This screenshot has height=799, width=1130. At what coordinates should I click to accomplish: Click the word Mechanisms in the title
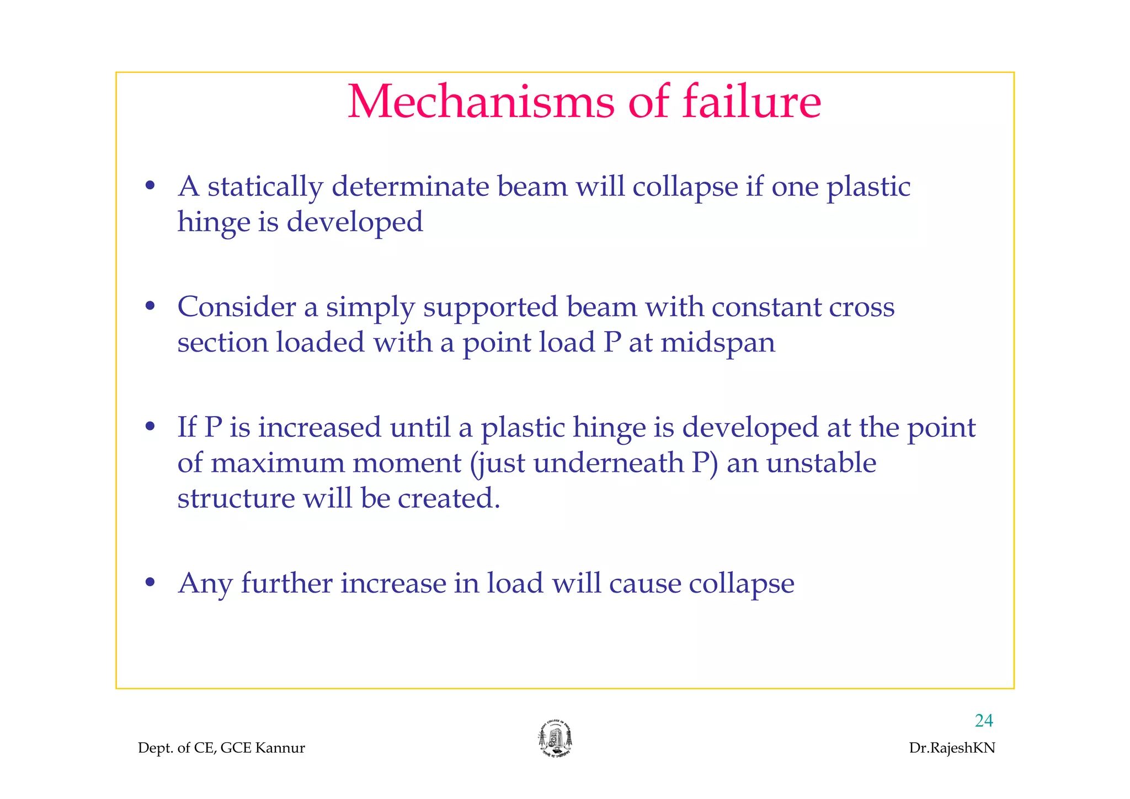pos(481,102)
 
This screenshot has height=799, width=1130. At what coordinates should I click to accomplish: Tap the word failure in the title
pos(751,102)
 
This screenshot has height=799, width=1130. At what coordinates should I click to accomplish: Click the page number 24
pos(984,721)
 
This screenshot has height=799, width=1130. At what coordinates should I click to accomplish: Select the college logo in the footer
pos(555,739)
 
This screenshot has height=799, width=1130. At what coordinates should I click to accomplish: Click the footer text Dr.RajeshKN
pos(952,748)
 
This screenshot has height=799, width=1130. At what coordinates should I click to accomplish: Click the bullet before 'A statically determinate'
pos(150,187)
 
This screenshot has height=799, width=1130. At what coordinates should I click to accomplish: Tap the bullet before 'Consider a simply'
pos(150,307)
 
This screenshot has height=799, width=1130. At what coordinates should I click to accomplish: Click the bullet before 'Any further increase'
pos(150,583)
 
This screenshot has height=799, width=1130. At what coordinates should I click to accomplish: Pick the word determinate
pos(410,187)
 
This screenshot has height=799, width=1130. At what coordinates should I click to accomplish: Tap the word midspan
pos(717,343)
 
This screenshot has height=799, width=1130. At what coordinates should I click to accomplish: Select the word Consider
pos(236,307)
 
